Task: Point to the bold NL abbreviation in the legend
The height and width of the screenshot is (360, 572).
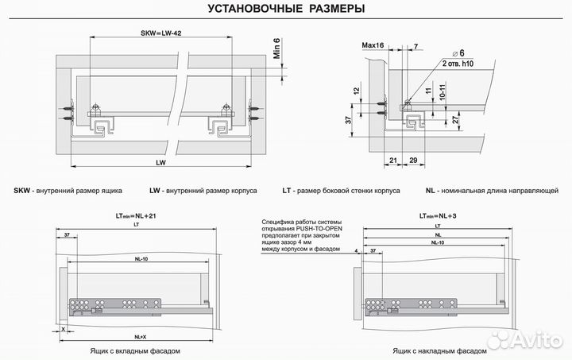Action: click(430, 192)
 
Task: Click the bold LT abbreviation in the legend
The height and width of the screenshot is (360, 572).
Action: click(287, 192)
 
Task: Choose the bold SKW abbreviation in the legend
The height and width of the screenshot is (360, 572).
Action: click(22, 192)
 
